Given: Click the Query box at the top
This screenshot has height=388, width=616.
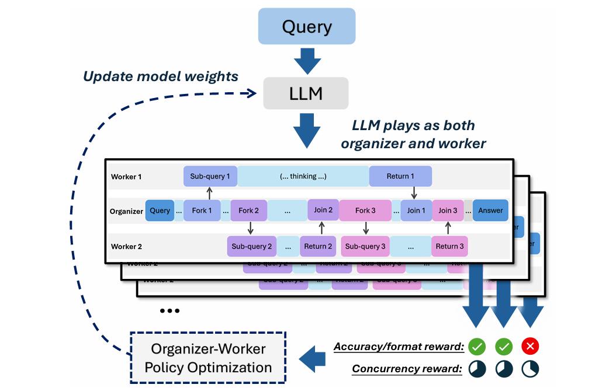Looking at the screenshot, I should click(x=306, y=26).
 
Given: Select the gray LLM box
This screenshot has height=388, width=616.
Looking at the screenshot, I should click(x=306, y=93).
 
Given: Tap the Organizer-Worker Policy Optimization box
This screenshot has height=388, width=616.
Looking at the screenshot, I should click(x=208, y=358).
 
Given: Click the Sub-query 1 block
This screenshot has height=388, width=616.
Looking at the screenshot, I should click(x=210, y=176).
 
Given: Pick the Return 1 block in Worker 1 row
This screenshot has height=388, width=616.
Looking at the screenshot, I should click(x=400, y=176).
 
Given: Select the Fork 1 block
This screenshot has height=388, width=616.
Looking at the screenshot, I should click(x=202, y=211).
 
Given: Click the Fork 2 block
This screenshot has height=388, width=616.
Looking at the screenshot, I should click(x=248, y=211).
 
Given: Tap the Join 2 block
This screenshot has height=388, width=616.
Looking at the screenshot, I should click(x=323, y=210).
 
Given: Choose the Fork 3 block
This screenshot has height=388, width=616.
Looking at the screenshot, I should click(x=365, y=211).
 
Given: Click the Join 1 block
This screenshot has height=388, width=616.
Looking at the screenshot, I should click(x=416, y=211).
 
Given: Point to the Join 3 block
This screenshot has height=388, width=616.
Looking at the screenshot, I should click(x=448, y=211).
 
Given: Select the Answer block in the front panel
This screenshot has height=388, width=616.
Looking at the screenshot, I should click(x=490, y=211).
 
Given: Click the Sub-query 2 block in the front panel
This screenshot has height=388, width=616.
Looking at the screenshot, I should click(x=251, y=246).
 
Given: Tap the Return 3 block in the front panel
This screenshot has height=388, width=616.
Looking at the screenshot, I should click(x=449, y=246).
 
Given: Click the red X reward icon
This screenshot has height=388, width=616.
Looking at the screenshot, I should click(x=530, y=347).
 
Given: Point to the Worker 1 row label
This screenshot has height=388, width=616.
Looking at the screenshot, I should click(x=126, y=176).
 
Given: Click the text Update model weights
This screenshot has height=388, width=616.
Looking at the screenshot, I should click(x=160, y=76).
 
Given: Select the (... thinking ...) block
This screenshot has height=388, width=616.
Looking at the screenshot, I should click(x=303, y=176).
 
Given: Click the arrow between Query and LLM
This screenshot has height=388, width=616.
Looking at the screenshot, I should click(x=307, y=60).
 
